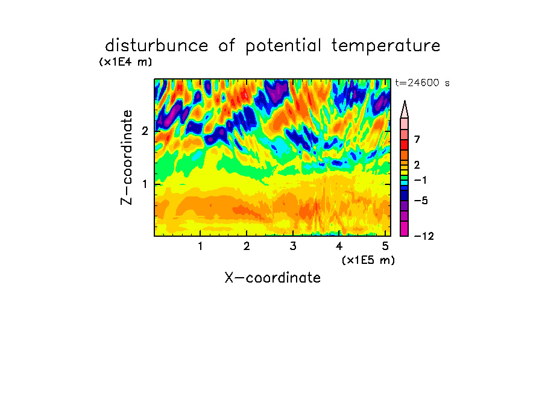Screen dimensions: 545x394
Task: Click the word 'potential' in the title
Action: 283,46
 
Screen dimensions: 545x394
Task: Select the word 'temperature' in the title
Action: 386,46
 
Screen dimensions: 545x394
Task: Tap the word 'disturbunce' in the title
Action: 157,45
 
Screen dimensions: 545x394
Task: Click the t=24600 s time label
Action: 422,83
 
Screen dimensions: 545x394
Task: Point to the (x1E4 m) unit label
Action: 125,62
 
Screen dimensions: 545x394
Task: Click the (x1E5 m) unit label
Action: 368,260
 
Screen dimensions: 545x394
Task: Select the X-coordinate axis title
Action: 272,278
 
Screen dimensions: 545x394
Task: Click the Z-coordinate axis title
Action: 127,157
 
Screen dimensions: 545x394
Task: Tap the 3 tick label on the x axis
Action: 293,246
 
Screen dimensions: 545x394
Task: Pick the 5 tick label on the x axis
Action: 385,246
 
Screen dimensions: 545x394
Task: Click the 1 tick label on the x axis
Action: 201,246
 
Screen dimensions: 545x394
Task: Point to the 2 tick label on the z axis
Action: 145,131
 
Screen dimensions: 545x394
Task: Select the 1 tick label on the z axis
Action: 145,184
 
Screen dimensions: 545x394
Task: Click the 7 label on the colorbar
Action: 417,140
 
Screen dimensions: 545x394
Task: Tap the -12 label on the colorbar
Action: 424,237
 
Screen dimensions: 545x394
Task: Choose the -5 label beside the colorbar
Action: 421,201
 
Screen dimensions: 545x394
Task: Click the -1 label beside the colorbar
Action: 420,180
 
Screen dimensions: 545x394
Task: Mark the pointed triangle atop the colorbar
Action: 405,110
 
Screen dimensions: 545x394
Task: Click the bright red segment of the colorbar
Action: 405,145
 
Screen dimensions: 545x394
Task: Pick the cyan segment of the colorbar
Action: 405,183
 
